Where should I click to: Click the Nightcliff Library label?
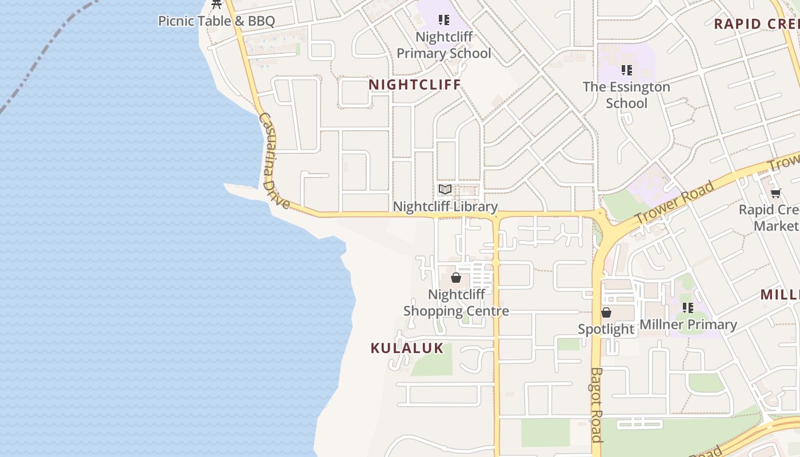click(x=445, y=207)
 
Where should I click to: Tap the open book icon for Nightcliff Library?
click(x=445, y=189)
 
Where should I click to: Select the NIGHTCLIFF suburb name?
click(x=414, y=85)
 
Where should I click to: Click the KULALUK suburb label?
click(x=407, y=348)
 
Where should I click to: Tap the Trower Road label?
click(x=675, y=203)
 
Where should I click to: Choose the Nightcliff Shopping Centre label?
click(x=456, y=303)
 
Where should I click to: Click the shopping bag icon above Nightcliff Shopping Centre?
click(x=456, y=278)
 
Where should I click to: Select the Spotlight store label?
click(x=606, y=329)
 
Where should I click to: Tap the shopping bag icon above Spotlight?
click(x=606, y=312)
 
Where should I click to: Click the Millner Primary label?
click(x=688, y=324)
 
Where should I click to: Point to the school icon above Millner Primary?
click(x=688, y=308)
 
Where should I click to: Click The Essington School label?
click(x=626, y=95)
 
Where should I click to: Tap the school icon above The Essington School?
click(x=627, y=70)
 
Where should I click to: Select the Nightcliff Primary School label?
click(x=444, y=45)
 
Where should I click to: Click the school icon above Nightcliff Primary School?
click(x=444, y=20)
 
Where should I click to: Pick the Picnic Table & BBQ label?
click(x=217, y=21)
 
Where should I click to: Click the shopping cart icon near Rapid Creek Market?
click(x=775, y=193)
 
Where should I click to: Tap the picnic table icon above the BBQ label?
click(x=217, y=5)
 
